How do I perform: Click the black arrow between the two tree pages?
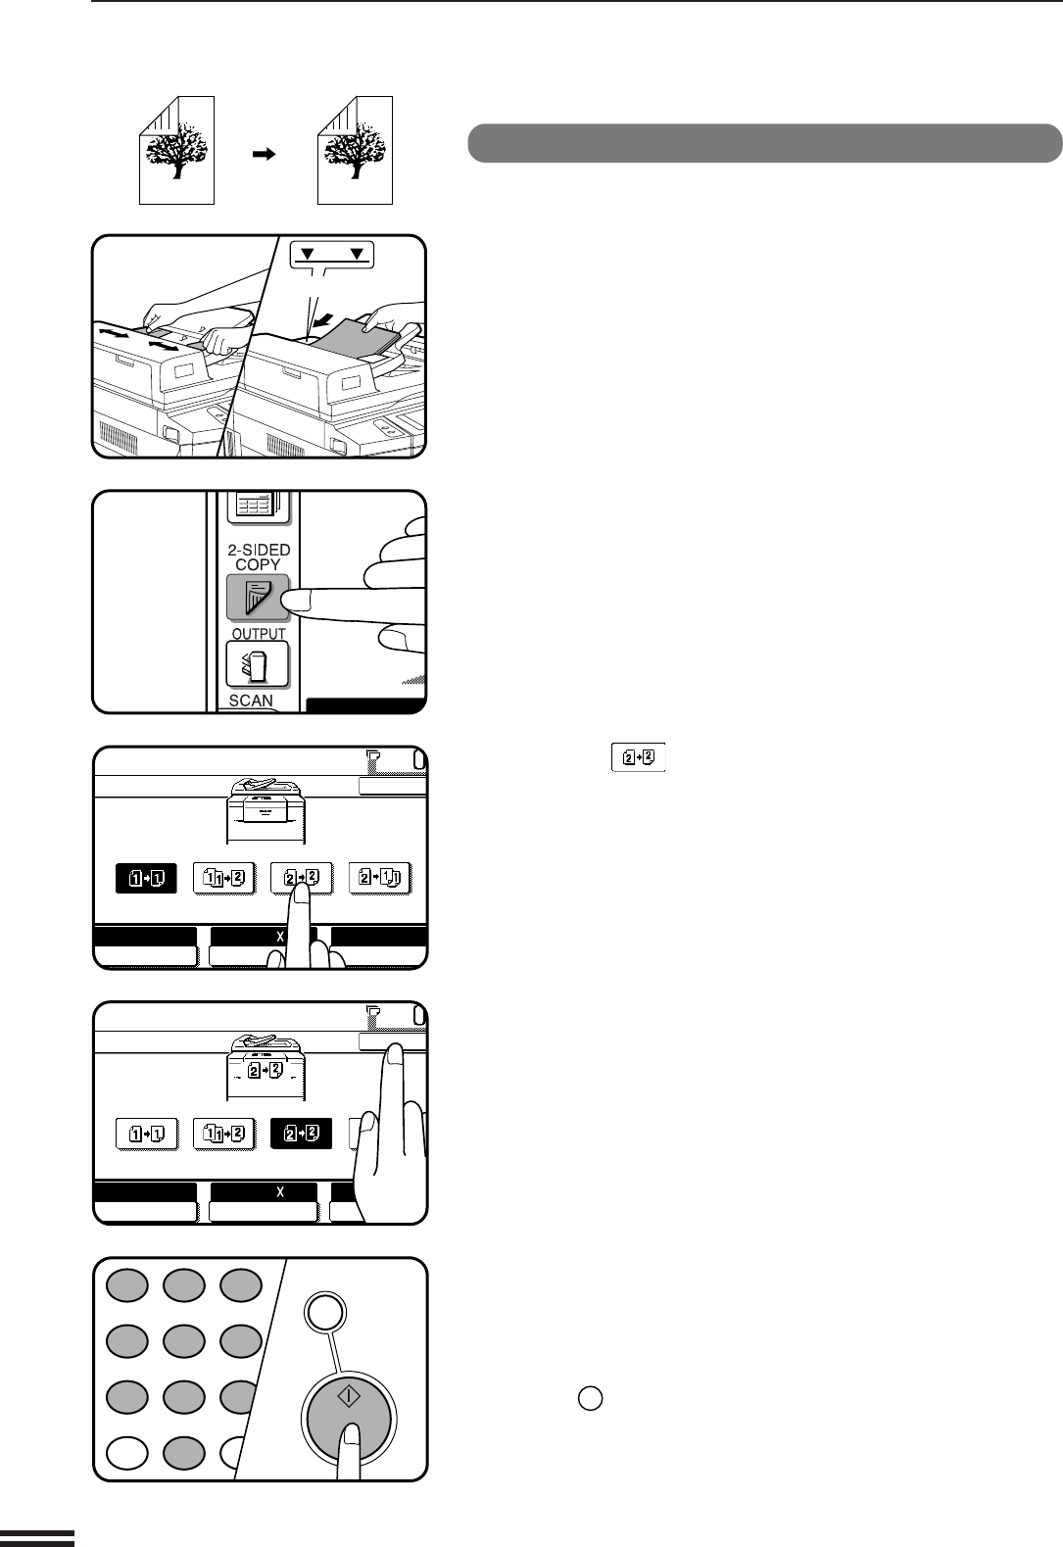pos(264,154)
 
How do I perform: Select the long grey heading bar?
pos(764,143)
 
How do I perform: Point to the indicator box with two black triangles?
pos(331,255)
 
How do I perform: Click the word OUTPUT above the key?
pos(259,633)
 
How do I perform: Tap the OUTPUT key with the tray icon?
pos(258,664)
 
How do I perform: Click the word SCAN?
pos(251,701)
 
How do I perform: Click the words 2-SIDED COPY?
pos(259,556)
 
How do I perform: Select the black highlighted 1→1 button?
pos(146,878)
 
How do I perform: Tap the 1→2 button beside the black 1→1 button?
pos(223,878)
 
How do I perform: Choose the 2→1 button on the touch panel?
pos(380,878)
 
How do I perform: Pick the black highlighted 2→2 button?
pos(301,1134)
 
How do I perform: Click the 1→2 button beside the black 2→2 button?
pos(223,1134)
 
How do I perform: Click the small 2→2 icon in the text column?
pos(638,757)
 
